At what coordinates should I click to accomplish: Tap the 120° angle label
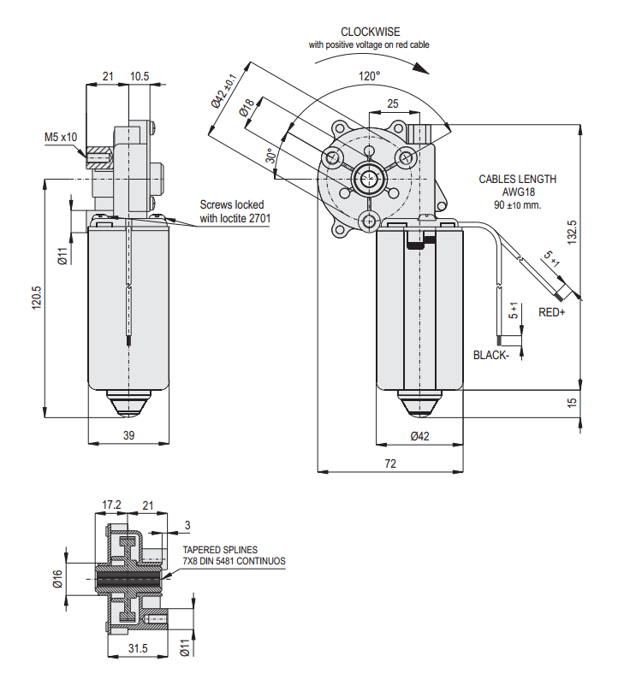(369, 76)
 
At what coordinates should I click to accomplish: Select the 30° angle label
(270, 156)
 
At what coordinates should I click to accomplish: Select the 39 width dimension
(129, 435)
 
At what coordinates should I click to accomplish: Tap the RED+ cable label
(552, 313)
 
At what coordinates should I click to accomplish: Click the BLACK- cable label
(491, 355)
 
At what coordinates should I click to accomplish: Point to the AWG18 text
(517, 192)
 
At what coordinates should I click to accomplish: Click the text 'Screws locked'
(232, 205)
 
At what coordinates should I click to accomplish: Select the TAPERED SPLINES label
(220, 550)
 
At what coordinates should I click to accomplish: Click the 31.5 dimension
(138, 649)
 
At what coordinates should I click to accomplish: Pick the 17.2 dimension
(112, 505)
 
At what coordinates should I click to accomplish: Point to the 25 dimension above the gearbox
(392, 103)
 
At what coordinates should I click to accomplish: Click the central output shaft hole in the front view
(369, 180)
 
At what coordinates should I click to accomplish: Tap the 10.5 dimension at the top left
(140, 77)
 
